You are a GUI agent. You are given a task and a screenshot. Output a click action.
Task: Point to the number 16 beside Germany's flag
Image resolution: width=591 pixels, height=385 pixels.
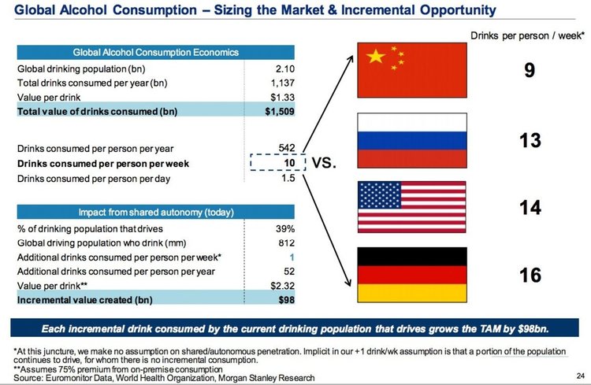(530, 275)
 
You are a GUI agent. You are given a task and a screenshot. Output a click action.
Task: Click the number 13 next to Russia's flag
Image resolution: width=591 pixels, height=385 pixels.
(530, 142)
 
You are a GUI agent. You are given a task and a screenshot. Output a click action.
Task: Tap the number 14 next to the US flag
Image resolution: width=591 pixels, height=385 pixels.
(530, 208)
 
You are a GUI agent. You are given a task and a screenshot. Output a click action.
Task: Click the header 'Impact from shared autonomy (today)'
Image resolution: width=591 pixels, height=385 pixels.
(155, 213)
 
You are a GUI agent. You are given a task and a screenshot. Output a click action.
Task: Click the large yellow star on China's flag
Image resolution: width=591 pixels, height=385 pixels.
(376, 57)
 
